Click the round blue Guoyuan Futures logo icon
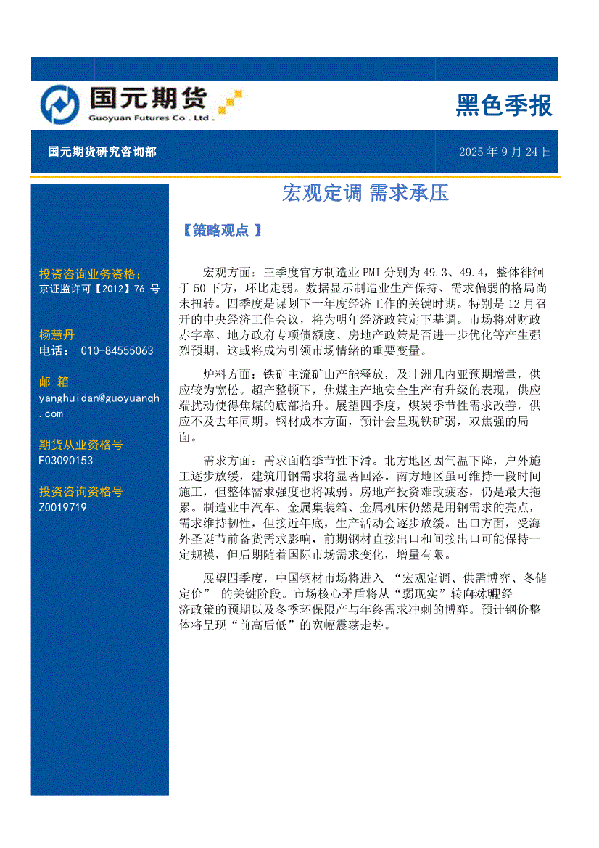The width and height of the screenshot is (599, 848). coord(59,104)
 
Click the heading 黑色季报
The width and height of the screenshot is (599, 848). coord(503,106)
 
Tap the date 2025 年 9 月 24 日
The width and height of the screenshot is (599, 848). coord(505,152)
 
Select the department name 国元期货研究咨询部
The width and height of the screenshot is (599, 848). coord(102,152)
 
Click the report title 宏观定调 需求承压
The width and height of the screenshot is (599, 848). coord(365,193)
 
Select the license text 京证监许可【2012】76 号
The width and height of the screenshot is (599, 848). coord(99,289)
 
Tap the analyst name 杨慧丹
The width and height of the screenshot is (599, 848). coord(57,335)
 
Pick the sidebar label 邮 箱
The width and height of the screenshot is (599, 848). coord(53,382)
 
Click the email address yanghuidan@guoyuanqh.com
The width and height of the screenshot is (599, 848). coord(99,405)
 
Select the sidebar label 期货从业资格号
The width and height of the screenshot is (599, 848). coord(80,445)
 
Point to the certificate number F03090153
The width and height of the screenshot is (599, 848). coord(66,461)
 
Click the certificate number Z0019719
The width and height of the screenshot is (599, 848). coord(62,508)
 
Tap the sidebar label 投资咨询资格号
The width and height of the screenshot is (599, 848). coord(80,492)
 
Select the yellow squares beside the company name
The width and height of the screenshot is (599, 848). coord(230,102)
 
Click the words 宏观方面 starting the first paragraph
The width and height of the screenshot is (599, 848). coord(228,273)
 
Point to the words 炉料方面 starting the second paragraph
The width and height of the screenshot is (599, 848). coord(228,374)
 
